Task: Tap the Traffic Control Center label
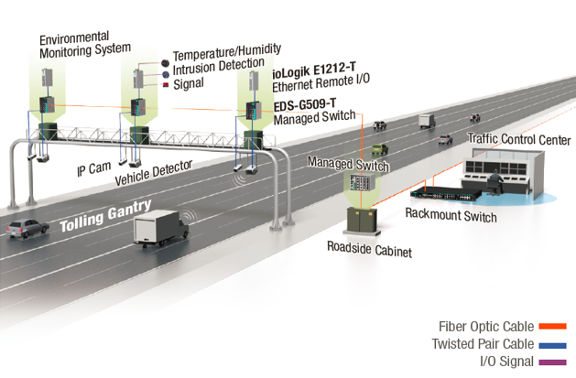coord(518,140)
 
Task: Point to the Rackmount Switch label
coord(451,216)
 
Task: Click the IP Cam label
coord(92,170)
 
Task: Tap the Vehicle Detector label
coord(153,172)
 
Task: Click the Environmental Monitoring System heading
coord(85,44)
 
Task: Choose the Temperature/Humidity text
coord(226,49)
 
